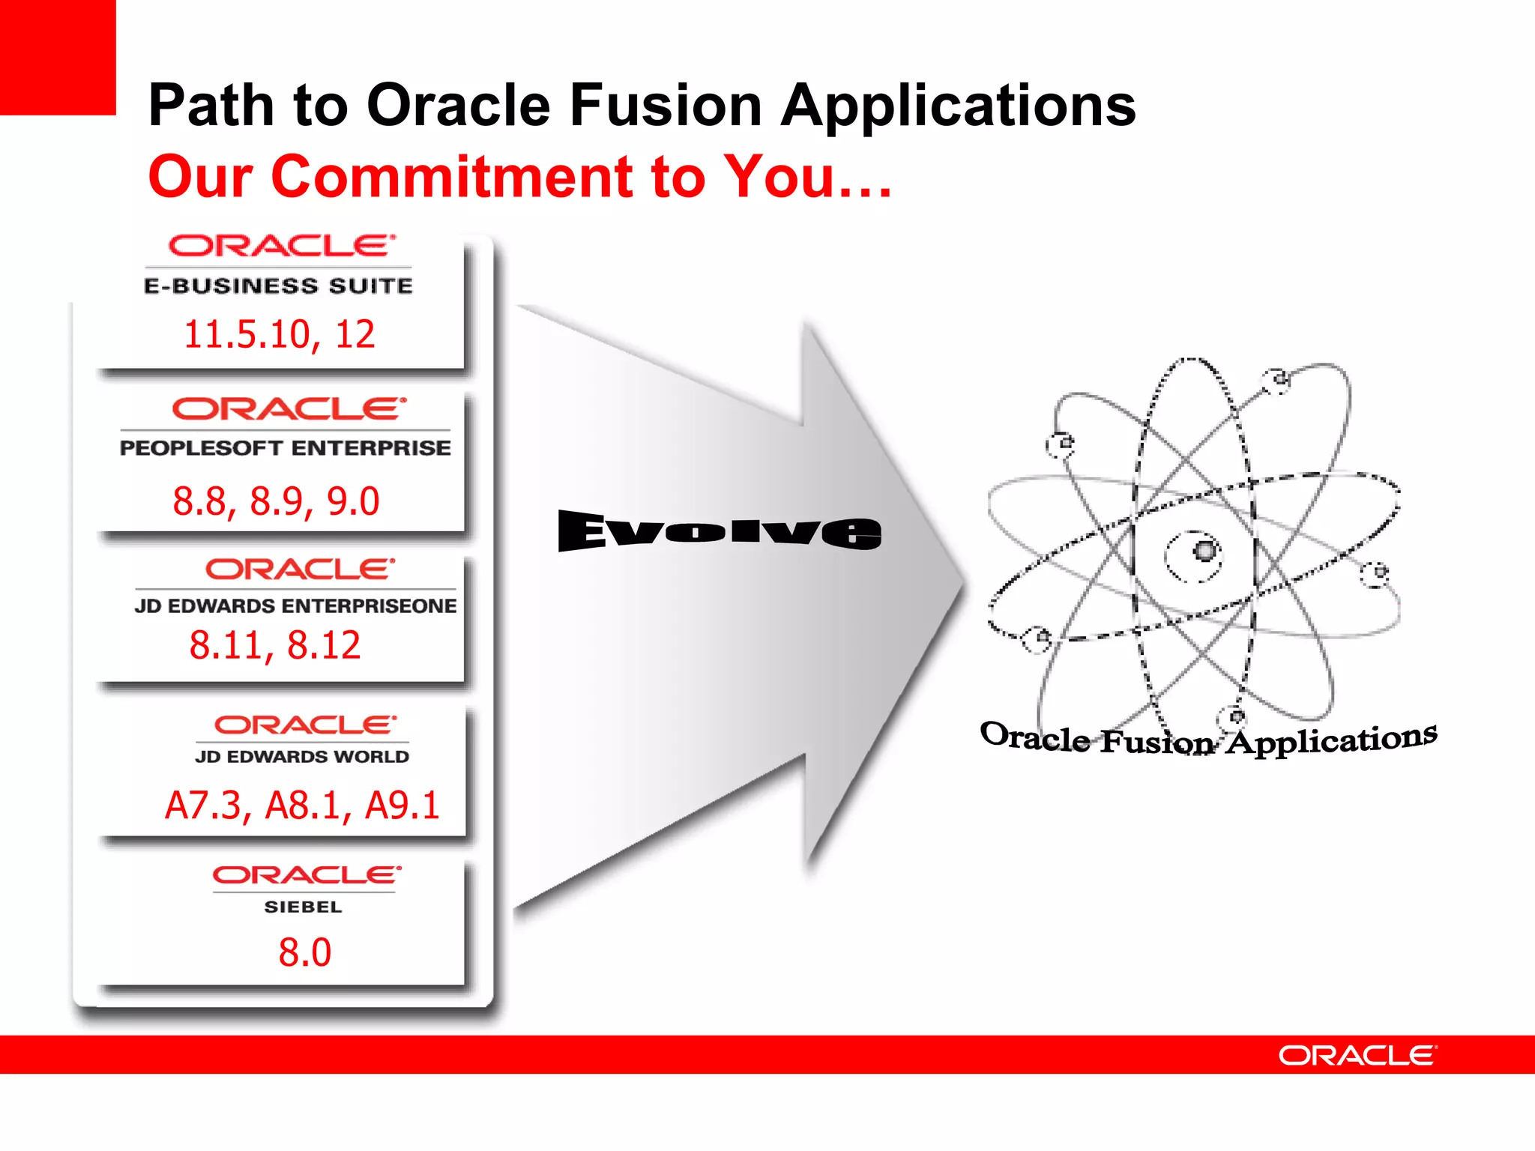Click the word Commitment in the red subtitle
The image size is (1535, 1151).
click(451, 177)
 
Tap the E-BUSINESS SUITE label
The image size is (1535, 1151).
click(278, 286)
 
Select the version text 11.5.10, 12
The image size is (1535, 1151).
click(279, 334)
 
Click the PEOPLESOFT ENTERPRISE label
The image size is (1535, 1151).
click(285, 447)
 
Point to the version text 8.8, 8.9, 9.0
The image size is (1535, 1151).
click(276, 501)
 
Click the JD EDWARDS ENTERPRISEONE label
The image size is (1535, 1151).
click(295, 605)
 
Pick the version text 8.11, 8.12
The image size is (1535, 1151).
click(274, 645)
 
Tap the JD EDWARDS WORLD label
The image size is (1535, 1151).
click(302, 757)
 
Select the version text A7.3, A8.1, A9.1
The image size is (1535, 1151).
click(301, 806)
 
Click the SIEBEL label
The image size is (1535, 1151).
click(303, 907)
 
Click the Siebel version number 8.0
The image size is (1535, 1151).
click(304, 952)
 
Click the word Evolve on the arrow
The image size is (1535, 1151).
click(720, 531)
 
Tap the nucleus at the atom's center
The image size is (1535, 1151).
click(1204, 552)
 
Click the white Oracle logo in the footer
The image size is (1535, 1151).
click(1357, 1055)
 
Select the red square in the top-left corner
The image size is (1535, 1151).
click(57, 57)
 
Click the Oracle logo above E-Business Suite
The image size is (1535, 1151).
click(281, 246)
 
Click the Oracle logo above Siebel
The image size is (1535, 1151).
click(306, 874)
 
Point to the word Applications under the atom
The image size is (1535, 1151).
click(1331, 740)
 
